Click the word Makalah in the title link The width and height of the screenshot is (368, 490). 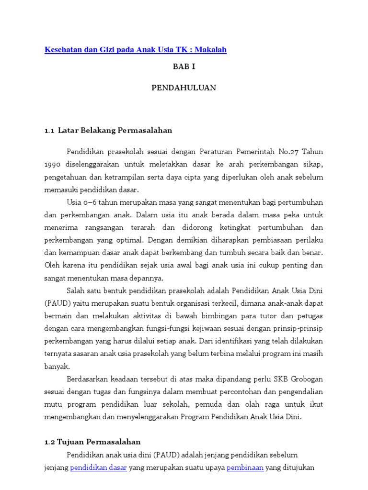pyautogui.click(x=209, y=49)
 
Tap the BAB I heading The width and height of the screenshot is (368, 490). pyautogui.click(x=184, y=67)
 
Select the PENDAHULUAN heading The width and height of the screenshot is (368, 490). pyautogui.click(x=184, y=88)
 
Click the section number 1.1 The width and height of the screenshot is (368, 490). pyautogui.click(x=49, y=130)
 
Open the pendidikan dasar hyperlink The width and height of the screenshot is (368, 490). pyautogui.click(x=98, y=468)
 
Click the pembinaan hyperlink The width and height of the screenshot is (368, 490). pyautogui.click(x=245, y=468)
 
